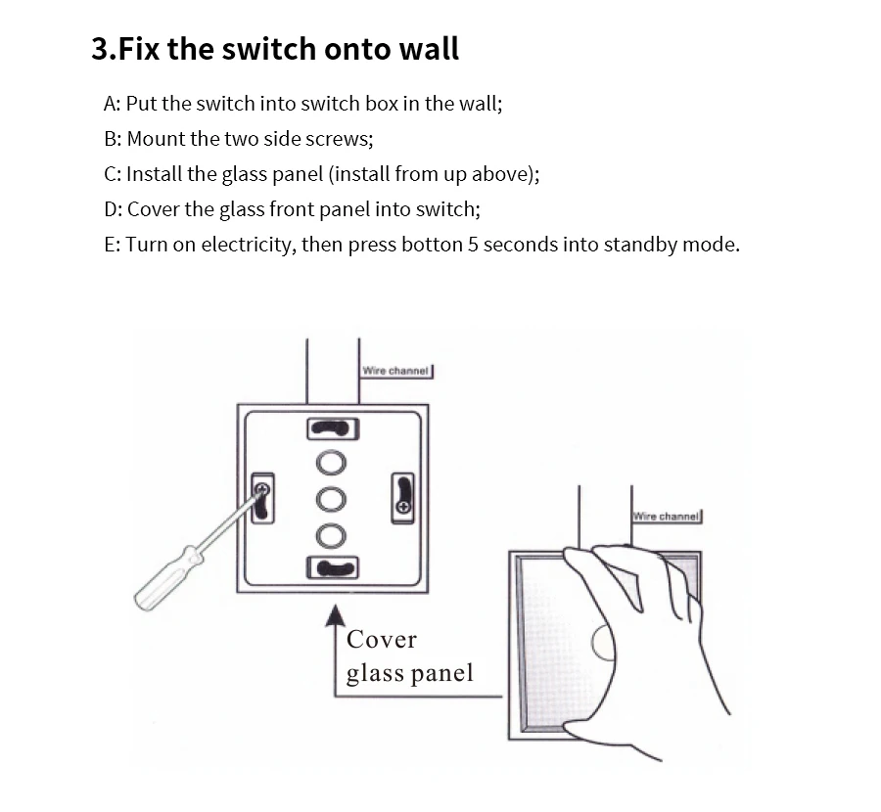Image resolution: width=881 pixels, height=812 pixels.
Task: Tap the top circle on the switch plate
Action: pyautogui.click(x=331, y=464)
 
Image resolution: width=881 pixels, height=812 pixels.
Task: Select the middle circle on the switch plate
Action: pyautogui.click(x=331, y=499)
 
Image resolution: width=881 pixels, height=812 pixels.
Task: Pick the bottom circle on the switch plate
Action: pyautogui.click(x=331, y=536)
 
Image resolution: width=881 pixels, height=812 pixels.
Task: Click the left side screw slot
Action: pyautogui.click(x=262, y=498)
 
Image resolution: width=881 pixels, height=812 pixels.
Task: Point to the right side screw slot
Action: pyautogui.click(x=402, y=498)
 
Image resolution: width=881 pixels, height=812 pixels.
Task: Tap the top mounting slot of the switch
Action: pyautogui.click(x=333, y=429)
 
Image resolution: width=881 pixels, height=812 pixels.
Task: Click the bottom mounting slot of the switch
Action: pyautogui.click(x=333, y=567)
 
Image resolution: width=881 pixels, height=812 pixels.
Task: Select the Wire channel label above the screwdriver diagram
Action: pyautogui.click(x=395, y=371)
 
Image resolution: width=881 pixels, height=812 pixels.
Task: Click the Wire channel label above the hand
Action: pyautogui.click(x=666, y=517)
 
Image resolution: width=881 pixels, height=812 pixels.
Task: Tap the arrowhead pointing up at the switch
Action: pyautogui.click(x=336, y=615)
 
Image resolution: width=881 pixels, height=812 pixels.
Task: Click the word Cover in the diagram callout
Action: pyautogui.click(x=382, y=640)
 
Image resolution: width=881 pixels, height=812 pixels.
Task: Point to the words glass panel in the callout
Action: pyautogui.click(x=409, y=674)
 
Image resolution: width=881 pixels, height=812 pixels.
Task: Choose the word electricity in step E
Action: pyautogui.click(x=248, y=245)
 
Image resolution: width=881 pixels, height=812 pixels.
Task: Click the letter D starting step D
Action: pyautogui.click(x=111, y=209)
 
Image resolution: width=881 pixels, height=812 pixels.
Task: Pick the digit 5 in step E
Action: pyautogui.click(x=473, y=245)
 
